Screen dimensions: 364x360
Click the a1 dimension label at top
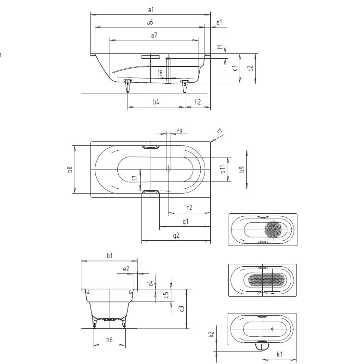tap(151, 9)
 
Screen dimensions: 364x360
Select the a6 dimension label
tap(150, 23)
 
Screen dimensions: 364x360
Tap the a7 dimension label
tap(154, 36)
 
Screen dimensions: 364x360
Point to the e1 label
tap(219, 22)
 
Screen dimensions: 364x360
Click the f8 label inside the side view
tap(160, 73)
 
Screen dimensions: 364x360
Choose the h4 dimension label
tap(156, 102)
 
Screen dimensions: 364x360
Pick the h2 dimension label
tap(198, 102)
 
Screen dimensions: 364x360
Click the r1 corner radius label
tap(219, 131)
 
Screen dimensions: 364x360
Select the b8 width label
tap(70, 169)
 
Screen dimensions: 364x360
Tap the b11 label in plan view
tap(222, 169)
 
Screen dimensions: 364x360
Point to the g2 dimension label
tap(176, 235)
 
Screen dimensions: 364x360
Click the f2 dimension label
tap(189, 208)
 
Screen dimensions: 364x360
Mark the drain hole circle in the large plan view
tap(168, 169)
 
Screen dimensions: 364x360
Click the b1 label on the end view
tap(109, 256)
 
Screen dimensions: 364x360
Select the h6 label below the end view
tap(109, 340)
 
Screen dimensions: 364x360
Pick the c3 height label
tap(181, 309)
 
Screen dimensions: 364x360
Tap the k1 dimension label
tap(279, 354)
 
